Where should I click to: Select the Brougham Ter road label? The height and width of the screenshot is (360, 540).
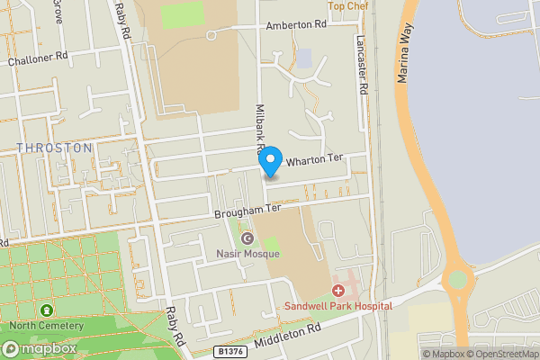click(247, 211)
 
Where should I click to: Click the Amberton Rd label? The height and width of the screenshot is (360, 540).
click(295, 27)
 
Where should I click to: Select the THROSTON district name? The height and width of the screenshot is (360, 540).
click(54, 148)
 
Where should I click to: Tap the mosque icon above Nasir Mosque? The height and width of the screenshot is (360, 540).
click(247, 238)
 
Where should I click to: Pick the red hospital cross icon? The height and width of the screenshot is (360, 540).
click(338, 291)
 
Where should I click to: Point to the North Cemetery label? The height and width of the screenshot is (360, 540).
click(48, 326)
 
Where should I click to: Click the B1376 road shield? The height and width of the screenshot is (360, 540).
click(230, 351)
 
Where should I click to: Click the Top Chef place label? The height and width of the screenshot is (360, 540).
click(348, 5)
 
